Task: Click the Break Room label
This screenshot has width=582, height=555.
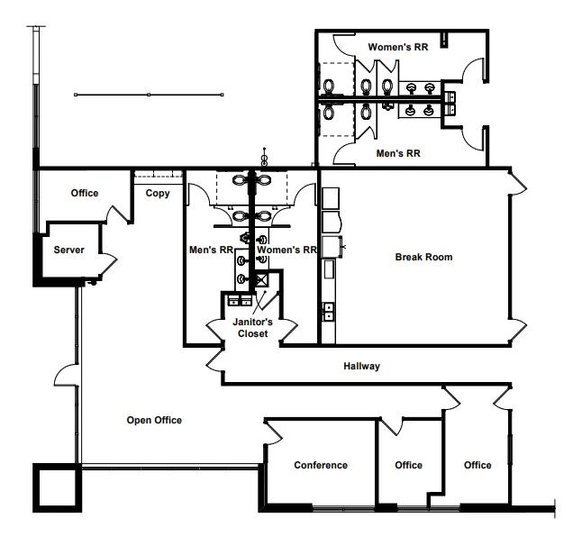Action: click(x=423, y=257)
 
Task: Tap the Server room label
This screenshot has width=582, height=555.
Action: click(x=68, y=250)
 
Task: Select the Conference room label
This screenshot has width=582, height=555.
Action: click(x=321, y=465)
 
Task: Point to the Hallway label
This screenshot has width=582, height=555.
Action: click(x=361, y=366)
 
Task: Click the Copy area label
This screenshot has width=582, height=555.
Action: click(x=158, y=193)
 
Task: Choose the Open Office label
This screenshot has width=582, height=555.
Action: click(x=154, y=420)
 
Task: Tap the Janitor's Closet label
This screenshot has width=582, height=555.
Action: click(x=252, y=327)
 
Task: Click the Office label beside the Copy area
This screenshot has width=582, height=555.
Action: click(x=85, y=193)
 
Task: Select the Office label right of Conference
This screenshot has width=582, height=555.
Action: click(x=408, y=465)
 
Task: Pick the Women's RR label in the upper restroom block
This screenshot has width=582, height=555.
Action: click(x=398, y=47)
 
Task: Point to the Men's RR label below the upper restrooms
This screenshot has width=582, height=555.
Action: click(x=398, y=153)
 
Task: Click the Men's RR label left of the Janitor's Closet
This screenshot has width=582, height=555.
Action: click(x=211, y=250)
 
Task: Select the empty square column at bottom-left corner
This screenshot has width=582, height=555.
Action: click(x=57, y=487)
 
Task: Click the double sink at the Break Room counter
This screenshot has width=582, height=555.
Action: click(x=328, y=312)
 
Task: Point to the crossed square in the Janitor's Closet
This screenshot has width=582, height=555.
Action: click(x=261, y=279)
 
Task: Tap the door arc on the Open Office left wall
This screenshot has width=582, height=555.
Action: click(x=67, y=375)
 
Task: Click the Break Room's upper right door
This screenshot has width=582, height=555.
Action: click(x=518, y=182)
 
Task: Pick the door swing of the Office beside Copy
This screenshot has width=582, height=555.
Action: click(x=118, y=215)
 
